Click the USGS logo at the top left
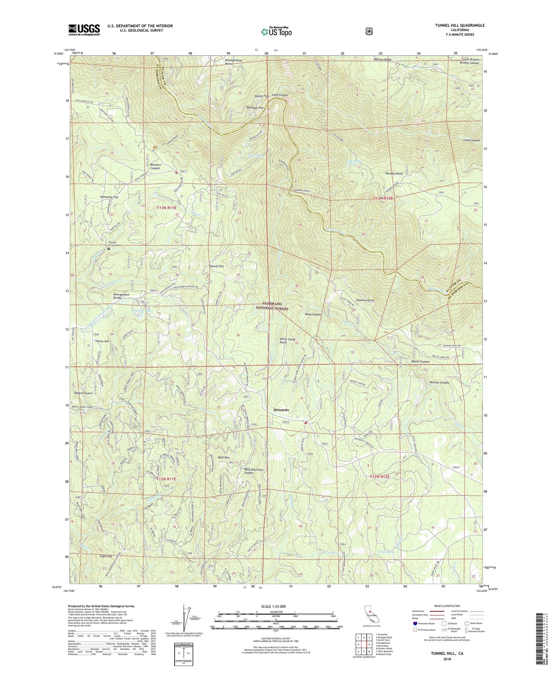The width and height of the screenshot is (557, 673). [84, 30]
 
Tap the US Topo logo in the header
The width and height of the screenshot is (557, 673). [276, 32]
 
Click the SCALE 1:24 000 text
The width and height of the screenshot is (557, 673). [276, 606]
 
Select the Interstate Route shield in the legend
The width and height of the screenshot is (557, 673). [414, 623]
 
